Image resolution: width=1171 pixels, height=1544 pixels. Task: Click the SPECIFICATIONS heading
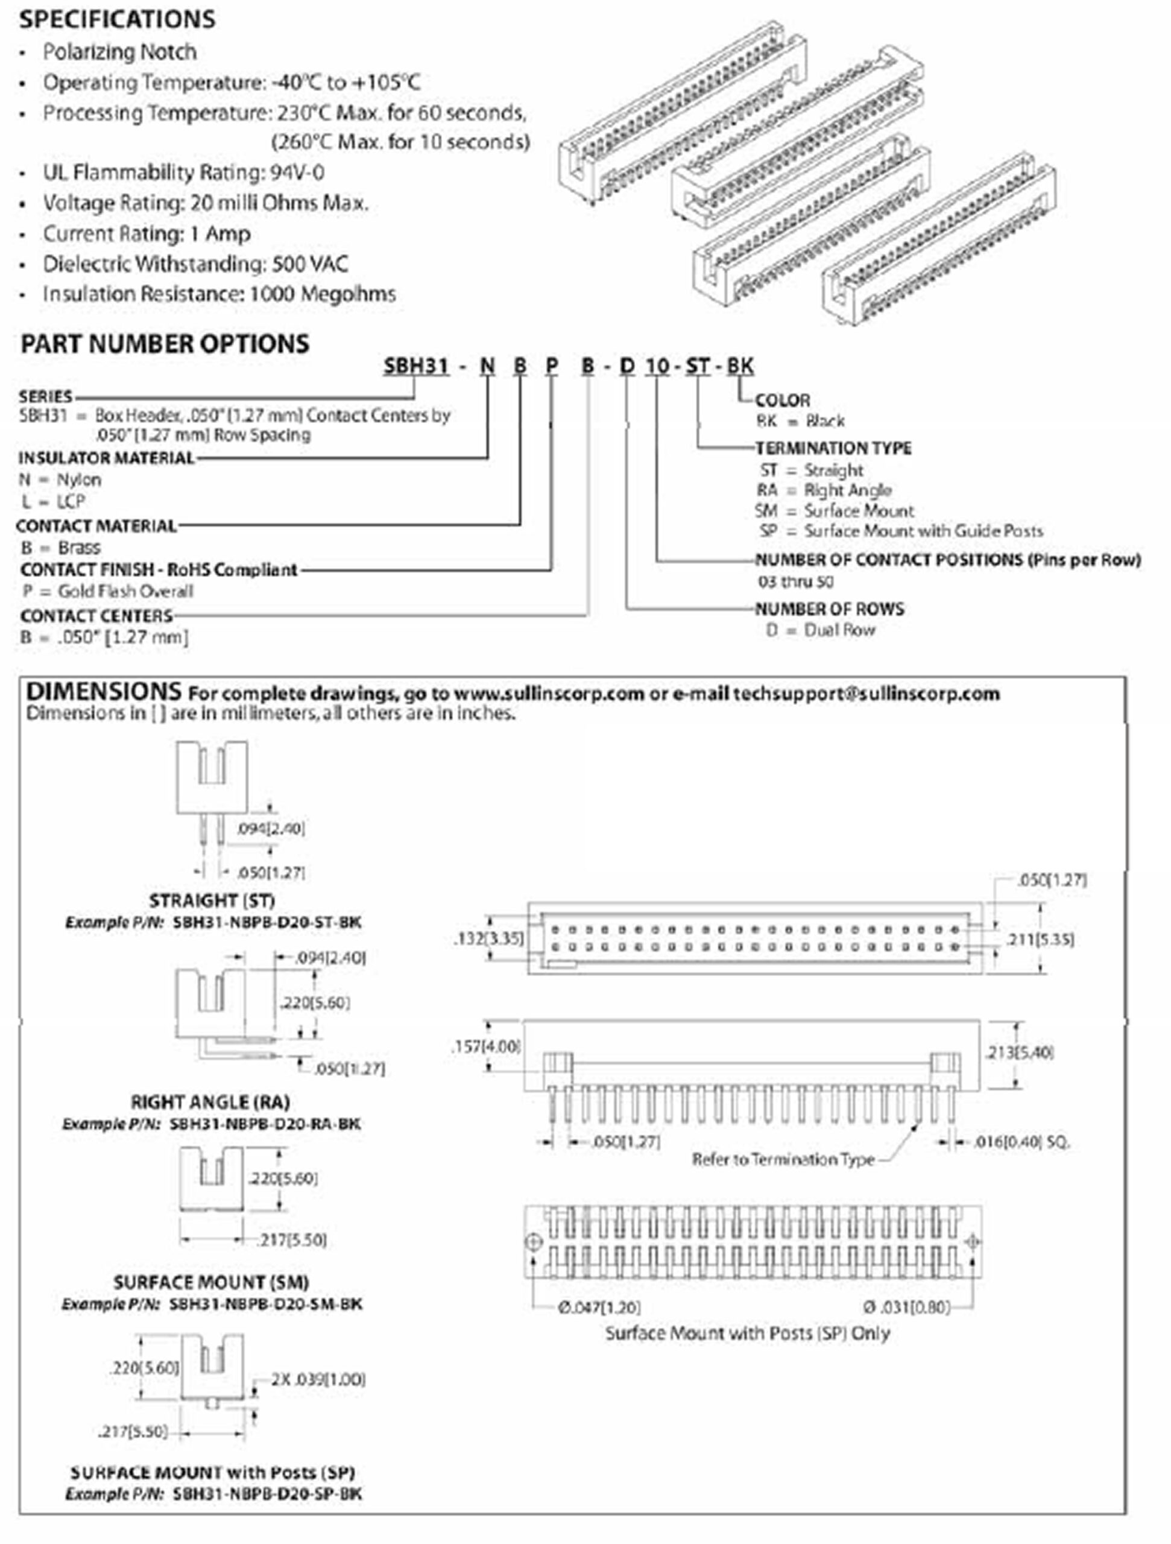(x=117, y=19)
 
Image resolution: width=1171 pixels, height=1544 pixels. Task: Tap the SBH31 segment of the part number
(x=416, y=365)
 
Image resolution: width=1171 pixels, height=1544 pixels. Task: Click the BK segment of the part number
(x=740, y=365)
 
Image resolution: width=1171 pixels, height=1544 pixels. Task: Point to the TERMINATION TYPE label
(x=833, y=448)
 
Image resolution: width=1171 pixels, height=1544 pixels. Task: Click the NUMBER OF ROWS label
(x=830, y=609)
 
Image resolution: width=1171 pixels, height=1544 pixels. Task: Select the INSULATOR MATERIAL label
(x=106, y=458)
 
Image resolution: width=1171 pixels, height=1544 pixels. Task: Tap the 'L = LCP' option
(x=53, y=501)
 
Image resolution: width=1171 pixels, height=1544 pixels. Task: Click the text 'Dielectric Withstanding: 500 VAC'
(x=195, y=264)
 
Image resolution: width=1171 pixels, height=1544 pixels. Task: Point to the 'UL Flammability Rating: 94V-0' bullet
(x=183, y=172)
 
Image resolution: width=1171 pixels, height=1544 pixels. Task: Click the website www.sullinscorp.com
(x=549, y=694)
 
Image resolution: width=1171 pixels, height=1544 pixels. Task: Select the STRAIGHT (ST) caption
(x=212, y=900)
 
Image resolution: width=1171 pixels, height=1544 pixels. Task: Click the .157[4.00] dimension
(x=486, y=1046)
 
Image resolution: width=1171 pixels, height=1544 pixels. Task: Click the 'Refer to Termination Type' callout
(x=783, y=1159)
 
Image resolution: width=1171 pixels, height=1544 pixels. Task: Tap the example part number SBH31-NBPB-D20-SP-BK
(x=267, y=1494)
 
